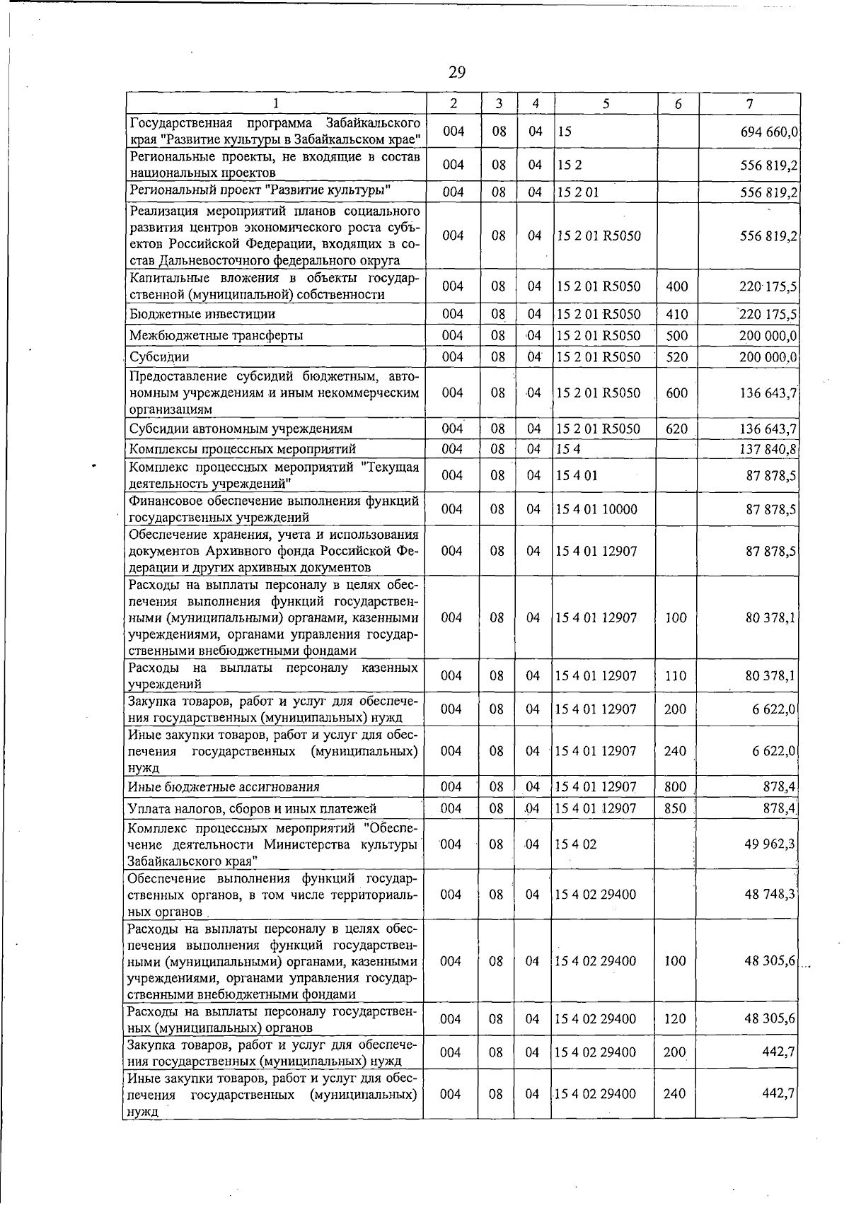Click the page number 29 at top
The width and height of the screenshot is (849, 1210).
(456, 72)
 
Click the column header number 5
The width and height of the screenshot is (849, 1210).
(606, 103)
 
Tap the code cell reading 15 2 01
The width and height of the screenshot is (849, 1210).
(578, 192)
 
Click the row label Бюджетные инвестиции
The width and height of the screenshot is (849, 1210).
(202, 313)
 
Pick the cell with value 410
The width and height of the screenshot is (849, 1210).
(677, 314)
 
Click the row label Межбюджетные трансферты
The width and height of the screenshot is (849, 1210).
(216, 335)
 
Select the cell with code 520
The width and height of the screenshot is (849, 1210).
(677, 357)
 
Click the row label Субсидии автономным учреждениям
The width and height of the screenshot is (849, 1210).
(241, 429)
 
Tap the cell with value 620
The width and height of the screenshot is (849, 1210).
(677, 429)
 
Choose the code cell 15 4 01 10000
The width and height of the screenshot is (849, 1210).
(597, 509)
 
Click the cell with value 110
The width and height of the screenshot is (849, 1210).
(676, 675)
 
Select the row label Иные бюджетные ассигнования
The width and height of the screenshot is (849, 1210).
(224, 786)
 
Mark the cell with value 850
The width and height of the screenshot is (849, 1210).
(675, 808)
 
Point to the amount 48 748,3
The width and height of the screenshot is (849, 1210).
(770, 895)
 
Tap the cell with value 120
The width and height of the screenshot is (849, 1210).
(675, 1019)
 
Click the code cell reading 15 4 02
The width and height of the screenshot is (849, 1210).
(577, 844)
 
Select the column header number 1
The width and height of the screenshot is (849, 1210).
(276, 103)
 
